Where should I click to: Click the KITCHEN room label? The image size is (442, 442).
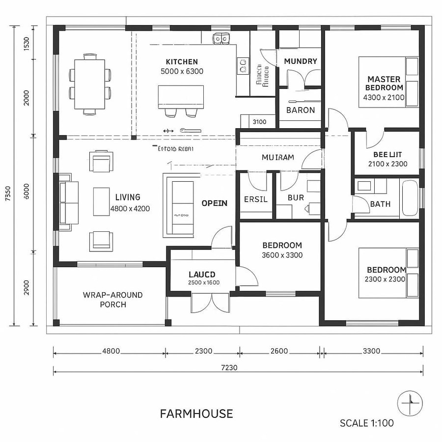click(x=182, y=62)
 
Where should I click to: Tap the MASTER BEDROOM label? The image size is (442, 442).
click(x=384, y=83)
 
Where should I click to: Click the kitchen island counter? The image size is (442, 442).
click(x=181, y=97)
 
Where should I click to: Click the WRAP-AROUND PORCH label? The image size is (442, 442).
click(x=113, y=300)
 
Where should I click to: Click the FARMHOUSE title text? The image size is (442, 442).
click(x=196, y=414)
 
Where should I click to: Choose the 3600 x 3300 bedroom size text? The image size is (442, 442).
click(x=282, y=255)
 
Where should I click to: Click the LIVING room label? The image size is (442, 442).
click(x=128, y=197)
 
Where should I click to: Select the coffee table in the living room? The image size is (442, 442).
click(x=102, y=201)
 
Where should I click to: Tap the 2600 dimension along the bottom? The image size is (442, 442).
click(x=279, y=351)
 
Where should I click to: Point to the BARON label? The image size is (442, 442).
click(x=300, y=110)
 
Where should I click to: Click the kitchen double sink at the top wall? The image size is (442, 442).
click(x=220, y=38)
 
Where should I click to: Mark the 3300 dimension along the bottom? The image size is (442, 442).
click(x=371, y=351)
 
